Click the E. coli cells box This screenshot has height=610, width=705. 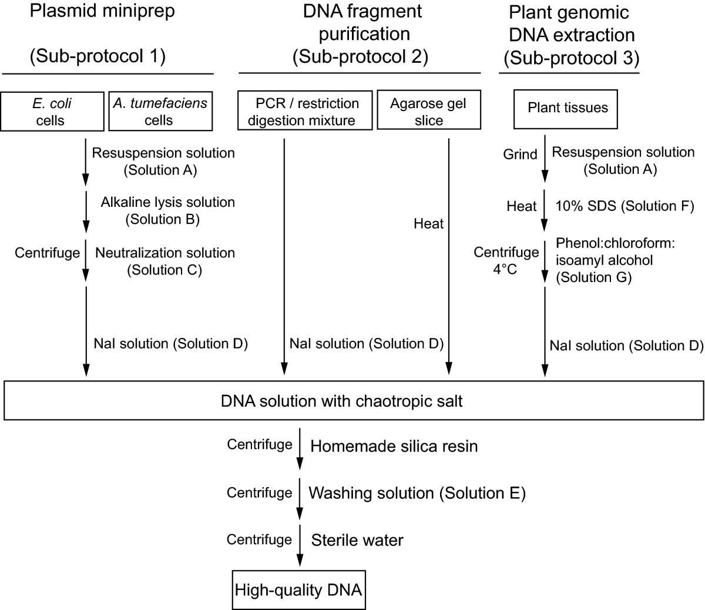tap(51, 112)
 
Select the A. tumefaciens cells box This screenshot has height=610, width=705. tap(159, 112)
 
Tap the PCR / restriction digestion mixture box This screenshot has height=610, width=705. tap(305, 112)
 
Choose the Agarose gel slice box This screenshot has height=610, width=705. tap(428, 112)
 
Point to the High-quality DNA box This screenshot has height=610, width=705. tap(298, 589)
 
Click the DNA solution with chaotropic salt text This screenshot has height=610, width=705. tap(342, 401)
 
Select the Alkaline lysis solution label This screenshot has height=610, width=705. tap(167, 202)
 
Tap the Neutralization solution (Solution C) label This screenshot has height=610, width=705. tap(164, 262)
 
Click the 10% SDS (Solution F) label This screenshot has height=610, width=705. tap(625, 206)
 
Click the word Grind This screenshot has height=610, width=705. tap(520, 155)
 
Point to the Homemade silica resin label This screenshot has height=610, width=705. tap(394, 446)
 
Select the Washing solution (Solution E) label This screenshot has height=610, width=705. tap(417, 493)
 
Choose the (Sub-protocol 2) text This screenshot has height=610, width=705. tap(360, 56)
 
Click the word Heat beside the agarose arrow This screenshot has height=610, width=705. tap(428, 223)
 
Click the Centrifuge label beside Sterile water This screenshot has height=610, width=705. tap(259, 539)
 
